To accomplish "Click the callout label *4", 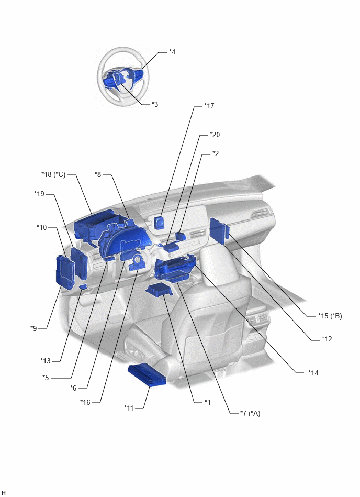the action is pyautogui.click(x=172, y=52).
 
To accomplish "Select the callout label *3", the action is pyautogui.click(x=154, y=104).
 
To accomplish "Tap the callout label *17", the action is pyautogui.click(x=209, y=106).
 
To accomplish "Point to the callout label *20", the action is pyautogui.click(x=215, y=135).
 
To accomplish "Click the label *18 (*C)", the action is pyautogui.click(x=53, y=174).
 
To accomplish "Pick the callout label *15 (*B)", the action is pyautogui.click(x=330, y=316).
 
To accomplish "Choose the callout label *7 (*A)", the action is pyautogui.click(x=250, y=413).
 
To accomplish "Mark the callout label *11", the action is pyautogui.click(x=129, y=408).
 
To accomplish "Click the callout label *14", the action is pyautogui.click(x=313, y=373).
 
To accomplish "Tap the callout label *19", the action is pyautogui.click(x=39, y=194).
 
